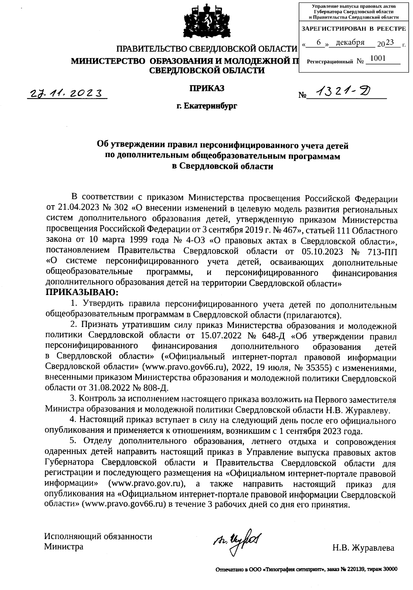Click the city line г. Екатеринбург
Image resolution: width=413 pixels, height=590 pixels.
206,106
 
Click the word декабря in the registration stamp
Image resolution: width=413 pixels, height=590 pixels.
350,43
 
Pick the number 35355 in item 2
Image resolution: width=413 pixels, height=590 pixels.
317,367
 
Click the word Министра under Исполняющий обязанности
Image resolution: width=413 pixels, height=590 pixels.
64,547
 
